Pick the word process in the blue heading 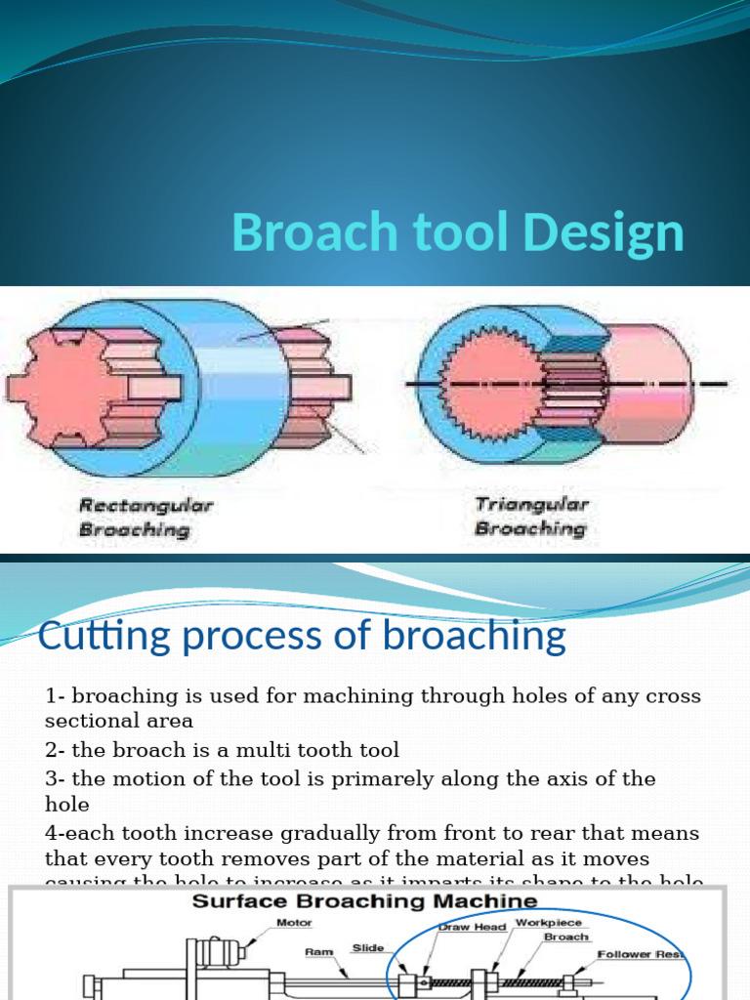point(261,638)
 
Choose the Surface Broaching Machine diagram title point(364,901)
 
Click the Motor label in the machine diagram point(294,921)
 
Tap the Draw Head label point(473,926)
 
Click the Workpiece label point(548,922)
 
